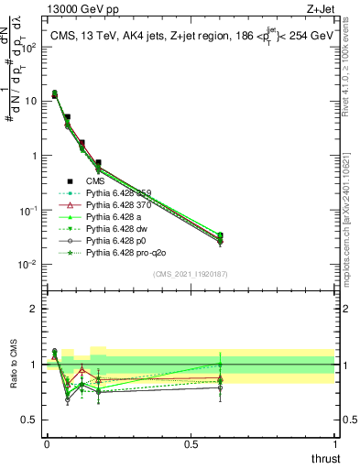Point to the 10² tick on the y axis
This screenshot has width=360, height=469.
[30, 48]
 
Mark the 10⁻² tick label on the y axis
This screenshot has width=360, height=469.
[30, 265]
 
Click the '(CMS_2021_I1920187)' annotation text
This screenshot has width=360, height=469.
[191, 273]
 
